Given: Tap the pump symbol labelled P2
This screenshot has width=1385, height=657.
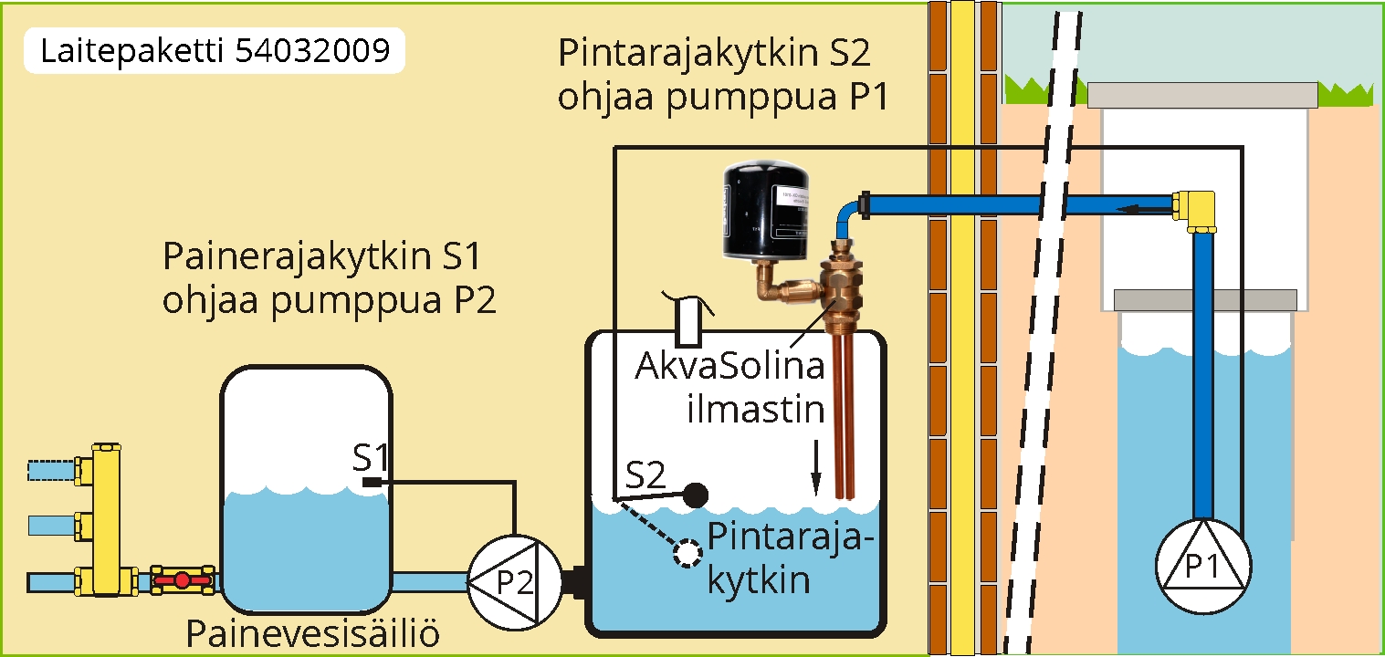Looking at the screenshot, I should coord(511,581).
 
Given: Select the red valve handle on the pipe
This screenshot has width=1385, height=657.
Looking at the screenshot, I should coord(182,579).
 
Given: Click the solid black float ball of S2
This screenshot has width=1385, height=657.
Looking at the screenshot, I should coord(696,495).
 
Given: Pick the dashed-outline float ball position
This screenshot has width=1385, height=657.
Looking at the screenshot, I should coord(686,552).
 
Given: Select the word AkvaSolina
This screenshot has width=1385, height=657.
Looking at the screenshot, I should coord(730,370).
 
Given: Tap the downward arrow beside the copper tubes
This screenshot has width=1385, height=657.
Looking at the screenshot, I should coord(815,467).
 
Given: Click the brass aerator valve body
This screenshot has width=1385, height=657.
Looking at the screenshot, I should coord(840,285).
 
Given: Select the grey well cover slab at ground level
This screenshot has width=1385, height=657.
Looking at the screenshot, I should coord(1202,94).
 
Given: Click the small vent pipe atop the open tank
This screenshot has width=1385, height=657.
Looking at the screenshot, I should coord(690,317).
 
